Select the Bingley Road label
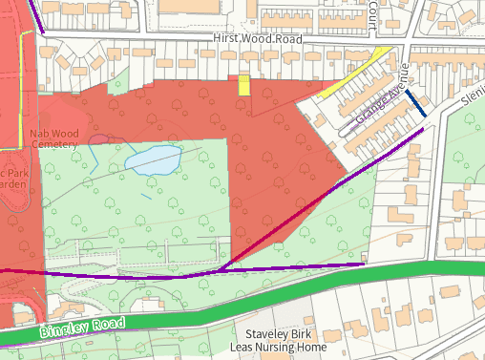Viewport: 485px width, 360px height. point(83,328)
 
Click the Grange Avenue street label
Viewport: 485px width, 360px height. point(381,95)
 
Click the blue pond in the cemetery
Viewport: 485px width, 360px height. point(154,160)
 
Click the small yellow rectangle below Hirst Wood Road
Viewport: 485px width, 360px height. point(243,86)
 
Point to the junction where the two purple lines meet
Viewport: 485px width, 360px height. point(218,271)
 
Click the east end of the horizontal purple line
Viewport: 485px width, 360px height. point(364,264)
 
